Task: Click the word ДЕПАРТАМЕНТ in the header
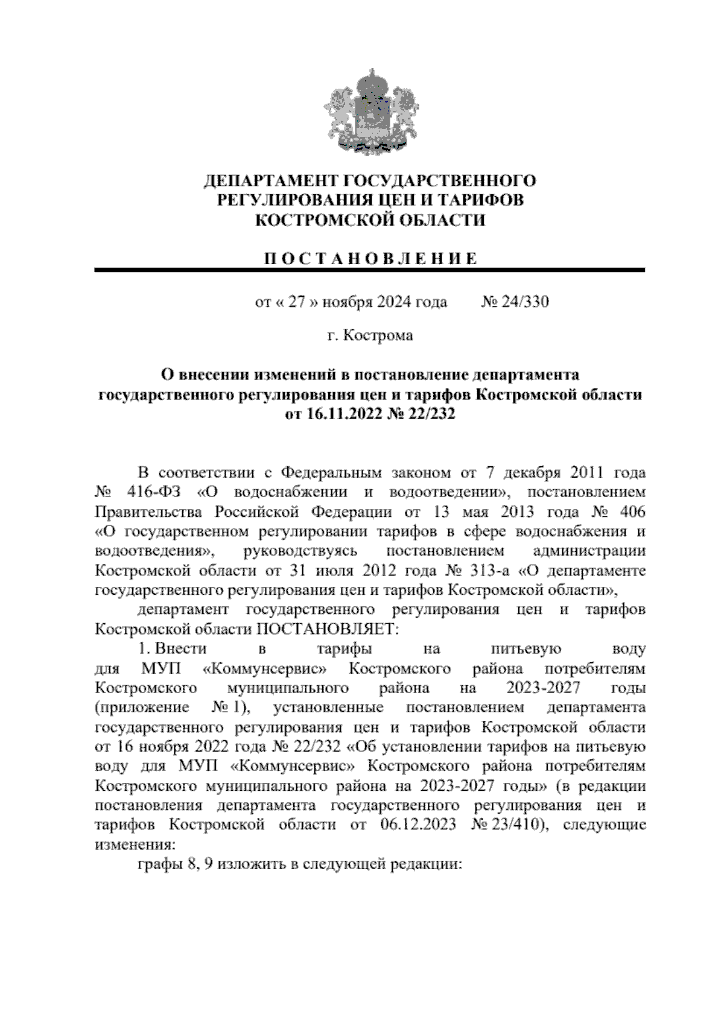pos(270,180)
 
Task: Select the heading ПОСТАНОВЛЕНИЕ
pos(370,259)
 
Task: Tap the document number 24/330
pos(524,302)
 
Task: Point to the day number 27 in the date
pos(296,302)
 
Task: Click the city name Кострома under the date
pos(378,335)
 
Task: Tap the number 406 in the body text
pos(630,511)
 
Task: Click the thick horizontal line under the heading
pos(370,270)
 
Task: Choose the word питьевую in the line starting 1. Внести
pos(527,649)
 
